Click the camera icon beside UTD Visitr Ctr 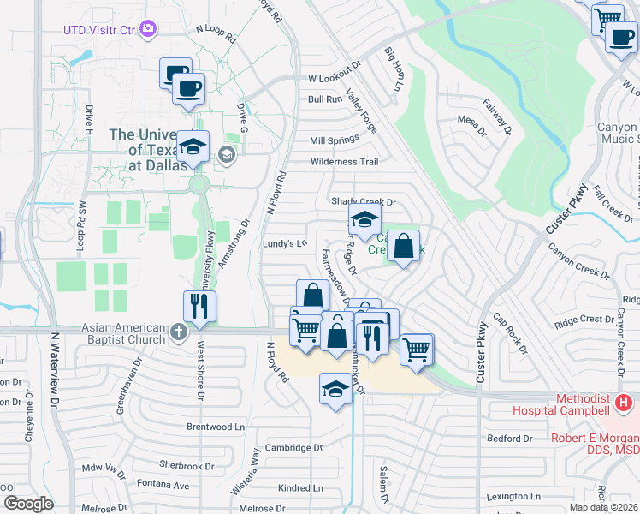pos(150,30)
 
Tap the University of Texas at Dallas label pos(147,150)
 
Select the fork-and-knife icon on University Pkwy pos(199,307)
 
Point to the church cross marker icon pos(178,331)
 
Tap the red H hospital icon pos(625,401)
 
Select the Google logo pos(28,503)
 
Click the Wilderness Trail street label pos(343,161)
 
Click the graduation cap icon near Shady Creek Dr pos(364,219)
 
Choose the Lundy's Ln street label pos(284,243)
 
